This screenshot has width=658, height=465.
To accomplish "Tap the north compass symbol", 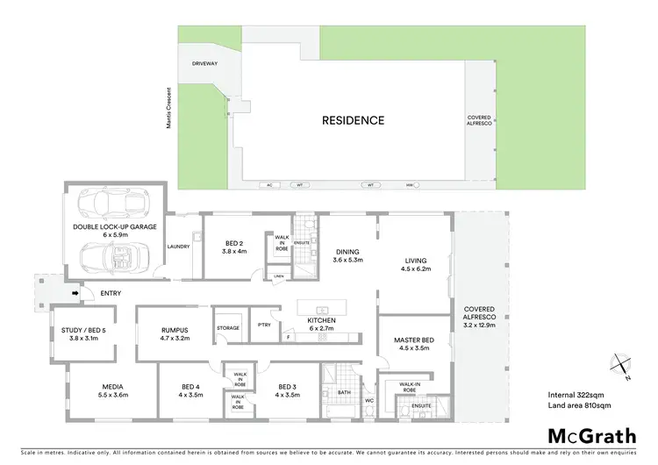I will [619, 366].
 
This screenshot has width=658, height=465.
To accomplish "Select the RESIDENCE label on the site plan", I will [353, 120].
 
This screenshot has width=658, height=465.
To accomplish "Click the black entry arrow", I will [75, 294].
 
